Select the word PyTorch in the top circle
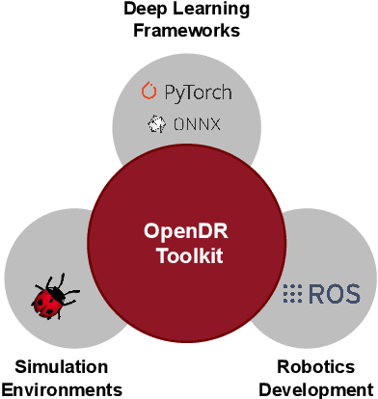pyautogui.click(x=197, y=93)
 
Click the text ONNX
pyautogui.click(x=197, y=124)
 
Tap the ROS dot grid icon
pyautogui.click(x=292, y=293)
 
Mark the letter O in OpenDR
pyautogui.click(x=151, y=231)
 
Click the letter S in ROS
pyautogui.click(x=349, y=293)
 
